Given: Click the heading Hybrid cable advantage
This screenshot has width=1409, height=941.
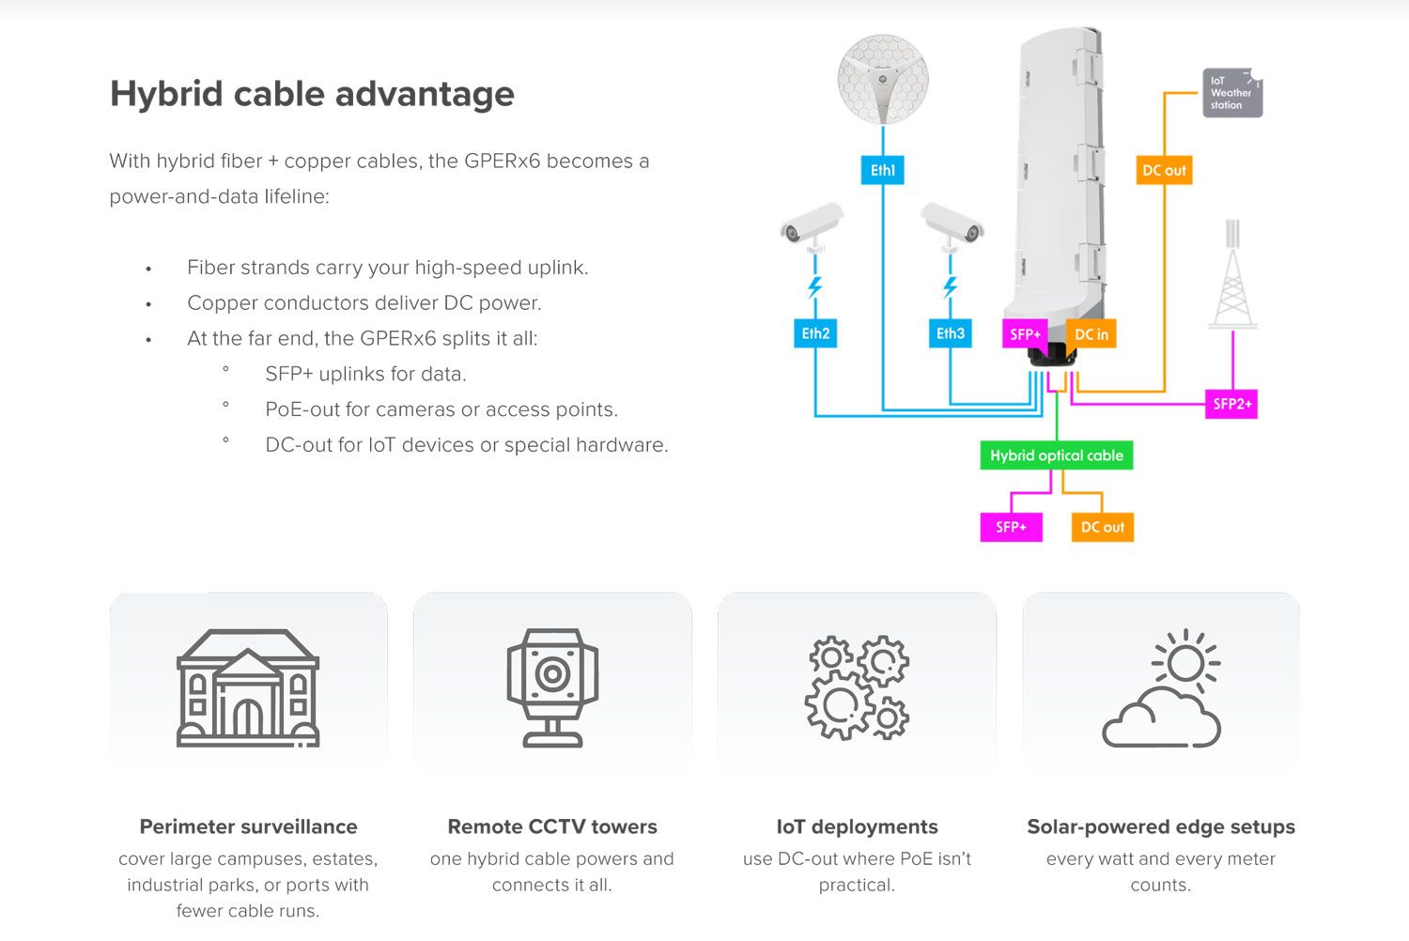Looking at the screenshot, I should coord(312,94).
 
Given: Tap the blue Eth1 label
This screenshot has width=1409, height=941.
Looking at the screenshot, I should coord(882,170).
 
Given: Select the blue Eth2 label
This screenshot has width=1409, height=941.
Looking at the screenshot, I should coord(815,333).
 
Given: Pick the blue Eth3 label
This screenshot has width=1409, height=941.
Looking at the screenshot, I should coord(950,333).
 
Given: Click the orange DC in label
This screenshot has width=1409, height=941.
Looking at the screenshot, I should coord(1091,334).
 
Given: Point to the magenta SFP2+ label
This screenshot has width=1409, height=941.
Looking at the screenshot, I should coord(1231,404).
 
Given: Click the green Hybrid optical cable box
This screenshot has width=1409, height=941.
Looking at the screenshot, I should coord(1056,455).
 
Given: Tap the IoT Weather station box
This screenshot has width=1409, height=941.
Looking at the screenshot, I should coord(1231,93).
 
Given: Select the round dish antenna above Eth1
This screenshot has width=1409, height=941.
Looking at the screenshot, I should coord(882,80).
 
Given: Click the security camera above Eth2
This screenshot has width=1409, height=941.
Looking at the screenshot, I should coord(812,226).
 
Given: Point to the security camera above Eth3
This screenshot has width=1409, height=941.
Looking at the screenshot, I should coord(952,226).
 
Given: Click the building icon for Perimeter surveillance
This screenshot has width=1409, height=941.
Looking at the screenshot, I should coord(248,687).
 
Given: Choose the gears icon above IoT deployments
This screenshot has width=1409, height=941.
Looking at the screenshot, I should coord(857,687).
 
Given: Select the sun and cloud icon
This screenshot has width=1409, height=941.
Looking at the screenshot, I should coord(1162,687).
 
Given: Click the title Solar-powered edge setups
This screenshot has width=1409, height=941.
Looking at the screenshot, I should coord(1161,826).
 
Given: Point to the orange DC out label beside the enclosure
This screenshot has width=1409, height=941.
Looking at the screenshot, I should coord(1164,170).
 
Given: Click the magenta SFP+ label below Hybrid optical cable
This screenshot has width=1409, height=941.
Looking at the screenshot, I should coord(1011,527).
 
